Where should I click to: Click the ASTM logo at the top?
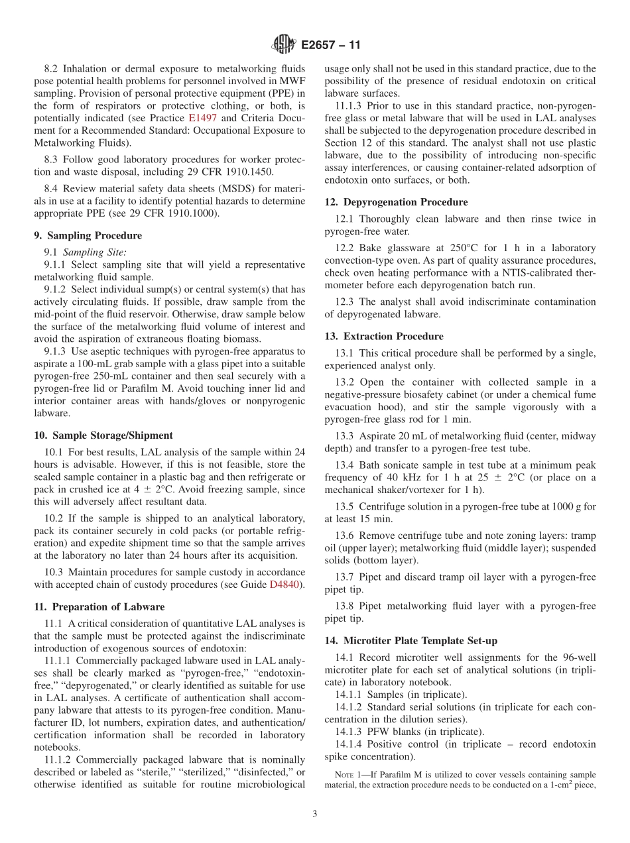(x=283, y=45)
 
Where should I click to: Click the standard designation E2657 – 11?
(x=330, y=46)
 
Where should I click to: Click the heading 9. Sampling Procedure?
(x=88, y=235)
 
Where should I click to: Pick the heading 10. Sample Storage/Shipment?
(x=103, y=435)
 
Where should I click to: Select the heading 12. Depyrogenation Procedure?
(x=396, y=202)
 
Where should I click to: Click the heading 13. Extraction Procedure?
(x=384, y=336)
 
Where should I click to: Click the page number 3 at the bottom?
(x=314, y=815)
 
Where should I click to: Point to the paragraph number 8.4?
(x=52, y=189)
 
